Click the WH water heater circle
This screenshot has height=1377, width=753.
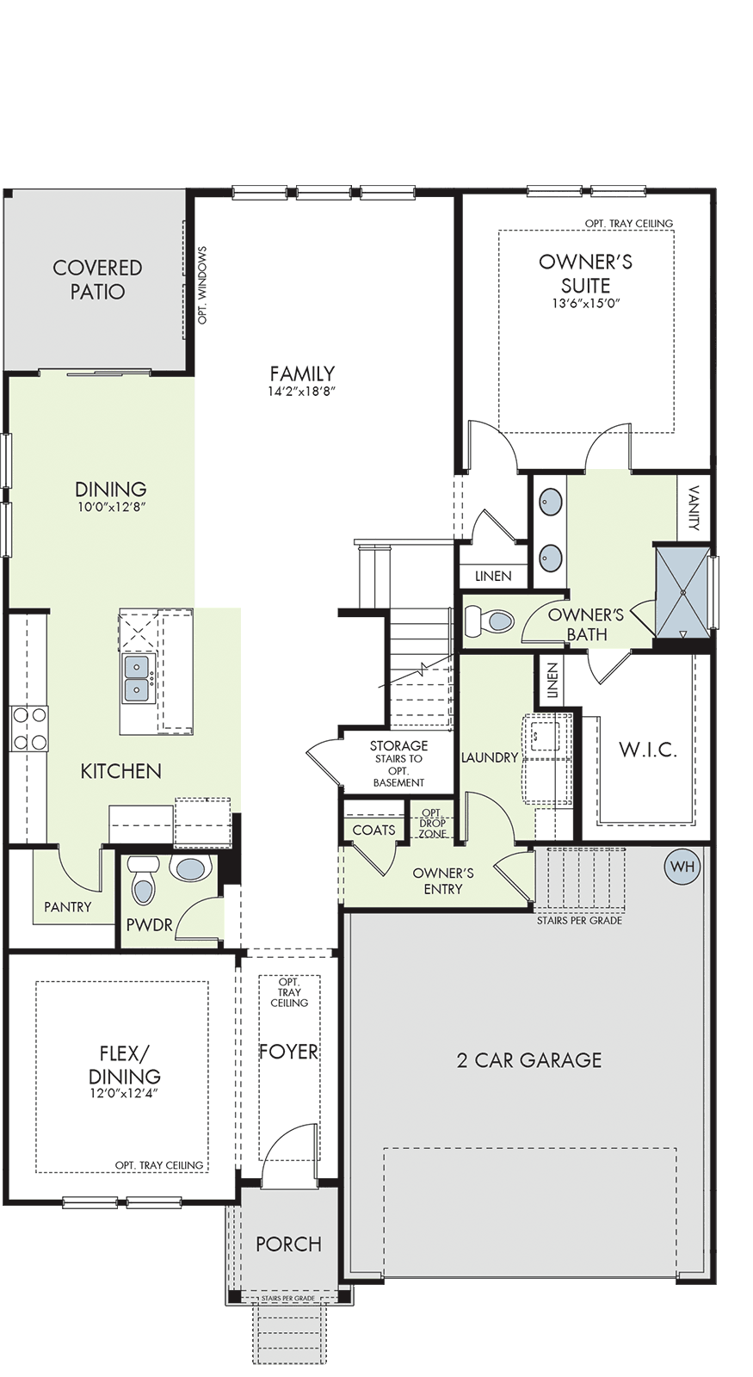[682, 866]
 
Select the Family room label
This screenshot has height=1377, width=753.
[302, 374]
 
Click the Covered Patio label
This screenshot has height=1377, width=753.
[97, 280]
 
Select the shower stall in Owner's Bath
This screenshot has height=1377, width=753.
[682, 593]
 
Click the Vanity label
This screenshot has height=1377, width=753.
[694, 508]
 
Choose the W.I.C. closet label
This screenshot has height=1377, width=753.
[648, 750]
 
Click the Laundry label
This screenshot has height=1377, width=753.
[490, 757]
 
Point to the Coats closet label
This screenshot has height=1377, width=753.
[373, 830]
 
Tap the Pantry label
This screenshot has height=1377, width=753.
[68, 907]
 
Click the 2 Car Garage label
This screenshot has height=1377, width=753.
[529, 1060]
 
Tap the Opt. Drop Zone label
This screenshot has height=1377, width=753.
[433, 823]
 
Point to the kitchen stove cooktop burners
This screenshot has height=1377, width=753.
[29, 728]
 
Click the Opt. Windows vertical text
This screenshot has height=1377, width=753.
[203, 285]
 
